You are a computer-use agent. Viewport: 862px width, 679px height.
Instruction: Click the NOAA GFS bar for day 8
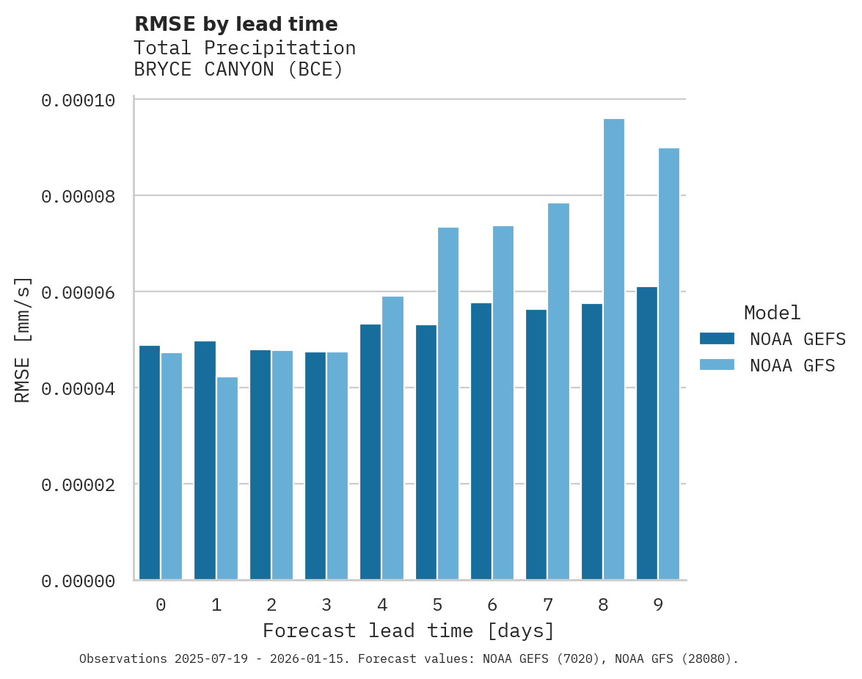613,349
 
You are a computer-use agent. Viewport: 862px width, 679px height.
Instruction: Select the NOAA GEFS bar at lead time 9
647,433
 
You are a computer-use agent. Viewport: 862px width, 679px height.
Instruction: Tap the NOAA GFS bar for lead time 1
227,478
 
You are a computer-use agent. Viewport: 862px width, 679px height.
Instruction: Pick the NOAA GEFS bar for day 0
150,462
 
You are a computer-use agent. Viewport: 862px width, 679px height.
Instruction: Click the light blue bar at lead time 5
448,404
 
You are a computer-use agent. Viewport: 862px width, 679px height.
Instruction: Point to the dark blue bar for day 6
481,441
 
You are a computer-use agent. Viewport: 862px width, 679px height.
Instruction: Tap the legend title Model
772,313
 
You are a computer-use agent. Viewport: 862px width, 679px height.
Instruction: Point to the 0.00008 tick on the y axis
78,197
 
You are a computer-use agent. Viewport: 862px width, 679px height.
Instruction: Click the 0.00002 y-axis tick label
78,485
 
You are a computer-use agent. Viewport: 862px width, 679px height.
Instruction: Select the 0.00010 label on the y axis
78,101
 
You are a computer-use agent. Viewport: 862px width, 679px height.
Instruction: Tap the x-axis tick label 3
326,605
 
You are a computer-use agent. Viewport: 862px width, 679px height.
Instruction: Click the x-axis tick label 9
658,605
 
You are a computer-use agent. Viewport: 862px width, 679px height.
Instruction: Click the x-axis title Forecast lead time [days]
409,631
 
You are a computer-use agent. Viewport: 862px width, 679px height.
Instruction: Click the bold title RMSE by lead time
235,24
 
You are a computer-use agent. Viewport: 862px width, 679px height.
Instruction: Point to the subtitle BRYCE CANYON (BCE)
238,70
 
